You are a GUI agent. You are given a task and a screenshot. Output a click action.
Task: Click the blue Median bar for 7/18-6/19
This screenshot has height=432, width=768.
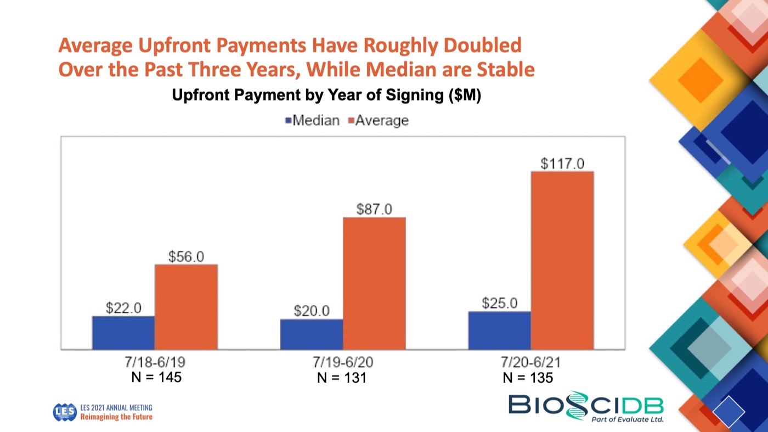coord(123,333)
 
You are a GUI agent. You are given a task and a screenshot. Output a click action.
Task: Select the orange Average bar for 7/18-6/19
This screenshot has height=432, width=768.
coord(186,307)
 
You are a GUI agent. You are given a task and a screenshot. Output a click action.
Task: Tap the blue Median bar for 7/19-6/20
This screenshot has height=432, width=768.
coord(311,334)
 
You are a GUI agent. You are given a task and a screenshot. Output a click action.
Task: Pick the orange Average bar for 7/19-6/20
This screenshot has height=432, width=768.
coord(374,283)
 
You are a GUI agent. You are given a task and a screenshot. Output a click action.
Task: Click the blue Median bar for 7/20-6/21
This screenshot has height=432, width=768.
coord(499,330)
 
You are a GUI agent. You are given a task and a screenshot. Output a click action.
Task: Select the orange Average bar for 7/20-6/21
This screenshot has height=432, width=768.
coord(562,260)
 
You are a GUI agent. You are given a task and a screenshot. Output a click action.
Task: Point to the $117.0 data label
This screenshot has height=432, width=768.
coord(562,164)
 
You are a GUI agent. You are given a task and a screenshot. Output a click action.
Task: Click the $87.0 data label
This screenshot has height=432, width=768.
coord(374,209)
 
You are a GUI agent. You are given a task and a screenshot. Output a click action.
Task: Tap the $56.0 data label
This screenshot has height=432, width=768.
coord(186,256)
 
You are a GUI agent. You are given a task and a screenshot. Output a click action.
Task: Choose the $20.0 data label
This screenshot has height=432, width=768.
coord(312,311)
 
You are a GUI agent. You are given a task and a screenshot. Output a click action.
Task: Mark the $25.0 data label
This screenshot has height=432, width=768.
coord(500,303)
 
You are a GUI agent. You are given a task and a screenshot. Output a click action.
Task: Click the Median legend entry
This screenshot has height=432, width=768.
coord(313,120)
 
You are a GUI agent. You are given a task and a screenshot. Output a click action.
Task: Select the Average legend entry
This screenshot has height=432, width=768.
coord(379,120)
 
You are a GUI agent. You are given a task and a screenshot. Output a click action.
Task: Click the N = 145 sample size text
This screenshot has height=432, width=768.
coord(157,378)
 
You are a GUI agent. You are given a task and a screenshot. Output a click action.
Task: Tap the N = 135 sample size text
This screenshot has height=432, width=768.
coord(528,378)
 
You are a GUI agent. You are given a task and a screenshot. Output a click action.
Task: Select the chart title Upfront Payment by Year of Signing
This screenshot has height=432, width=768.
coord(326,95)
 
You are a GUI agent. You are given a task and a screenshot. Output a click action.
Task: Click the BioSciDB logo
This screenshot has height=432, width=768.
coord(586,407)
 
